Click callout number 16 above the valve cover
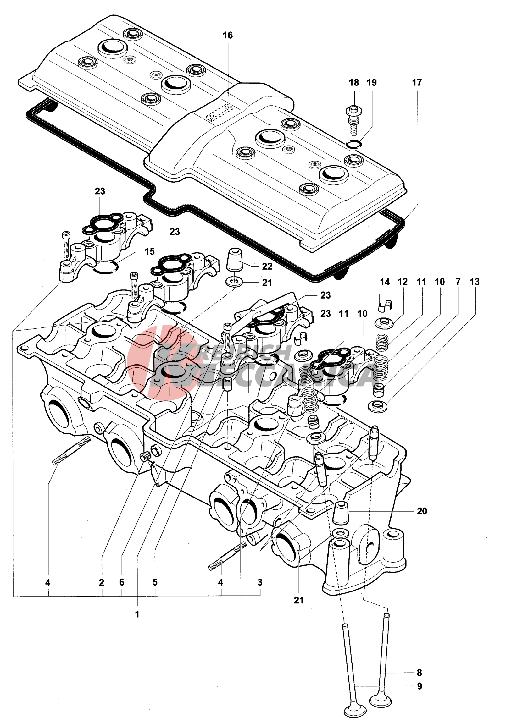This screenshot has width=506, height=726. pyautogui.click(x=227, y=36)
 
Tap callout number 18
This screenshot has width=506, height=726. pyautogui.click(x=354, y=83)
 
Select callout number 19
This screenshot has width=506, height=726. pyautogui.click(x=371, y=83)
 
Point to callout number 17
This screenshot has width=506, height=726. pyautogui.click(x=417, y=83)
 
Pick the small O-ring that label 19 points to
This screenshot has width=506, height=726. pyautogui.click(x=353, y=144)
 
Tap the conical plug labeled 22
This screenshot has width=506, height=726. pyautogui.click(x=235, y=260)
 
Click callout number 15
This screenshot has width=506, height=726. pyautogui.click(x=150, y=251)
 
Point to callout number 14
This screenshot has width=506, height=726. pyautogui.click(x=385, y=282)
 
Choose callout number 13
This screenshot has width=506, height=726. pyautogui.click(x=475, y=282)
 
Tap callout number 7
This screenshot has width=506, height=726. pyautogui.click(x=458, y=282)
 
